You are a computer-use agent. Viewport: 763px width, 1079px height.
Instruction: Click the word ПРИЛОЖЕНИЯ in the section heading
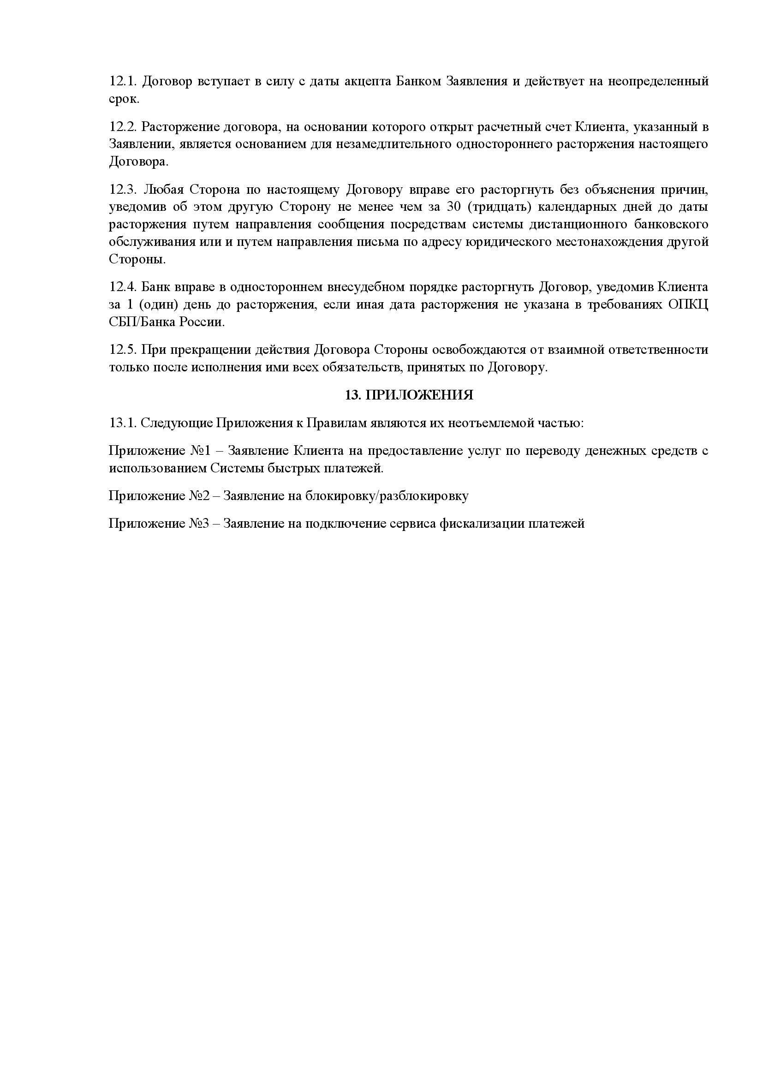tap(419, 395)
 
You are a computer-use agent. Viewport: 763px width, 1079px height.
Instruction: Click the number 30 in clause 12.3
tap(453, 207)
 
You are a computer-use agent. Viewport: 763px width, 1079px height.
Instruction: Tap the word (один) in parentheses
tap(158, 304)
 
